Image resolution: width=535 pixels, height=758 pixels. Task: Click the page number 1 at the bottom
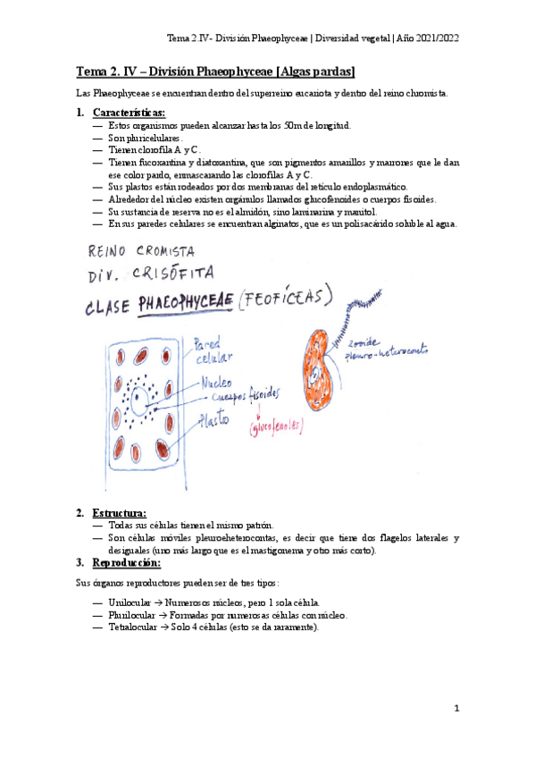coord(456,709)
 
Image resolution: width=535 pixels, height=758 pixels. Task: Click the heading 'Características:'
coord(129,113)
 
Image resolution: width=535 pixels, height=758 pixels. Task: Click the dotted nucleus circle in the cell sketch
coord(139,396)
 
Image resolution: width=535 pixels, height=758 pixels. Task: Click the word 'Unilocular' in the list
coord(130,603)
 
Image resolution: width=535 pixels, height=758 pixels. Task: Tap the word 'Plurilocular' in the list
coord(131,615)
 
